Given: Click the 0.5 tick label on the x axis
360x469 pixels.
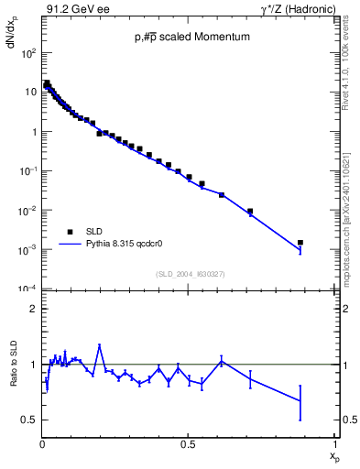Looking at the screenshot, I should pyautogui.click(x=187, y=445).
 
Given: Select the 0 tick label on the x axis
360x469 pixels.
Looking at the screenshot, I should pyautogui.click(x=42, y=445).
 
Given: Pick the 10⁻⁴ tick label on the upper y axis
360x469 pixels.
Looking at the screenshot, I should pyautogui.click(x=27, y=289).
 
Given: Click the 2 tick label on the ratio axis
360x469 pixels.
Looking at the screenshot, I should pyautogui.click(x=33, y=309).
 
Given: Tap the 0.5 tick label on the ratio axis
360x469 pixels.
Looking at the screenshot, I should pyautogui.click(x=30, y=420).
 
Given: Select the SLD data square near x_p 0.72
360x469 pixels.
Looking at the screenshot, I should pyautogui.click(x=249, y=212).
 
